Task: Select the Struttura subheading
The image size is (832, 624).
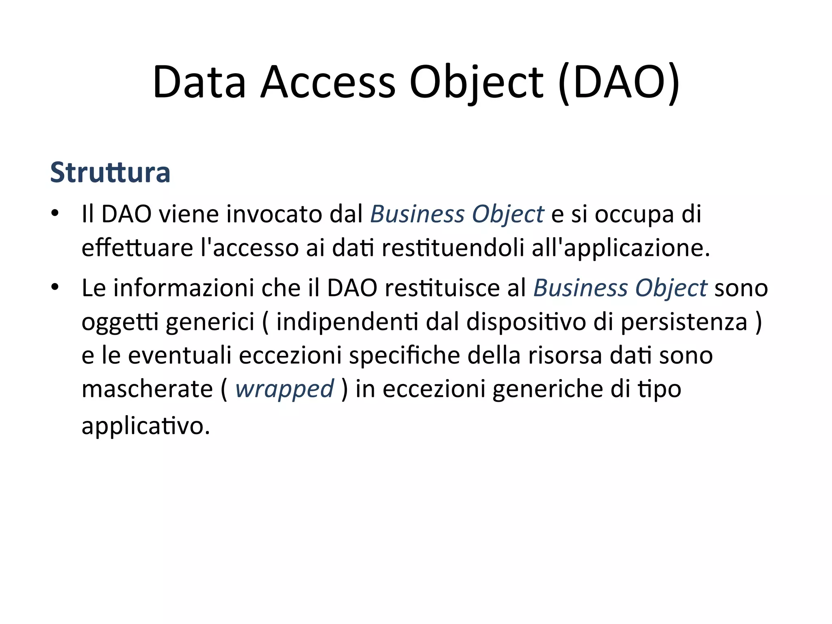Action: pyautogui.click(x=110, y=173)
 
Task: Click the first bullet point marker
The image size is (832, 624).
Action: pyautogui.click(x=55, y=213)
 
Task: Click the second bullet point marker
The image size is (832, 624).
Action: pyautogui.click(x=55, y=287)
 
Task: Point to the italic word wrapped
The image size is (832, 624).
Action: pyautogui.click(x=284, y=389)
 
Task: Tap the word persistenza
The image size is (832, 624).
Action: pyautogui.click(x=684, y=322)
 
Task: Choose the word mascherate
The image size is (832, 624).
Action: pyautogui.click(x=147, y=389)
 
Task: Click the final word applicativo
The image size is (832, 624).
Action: pyautogui.click(x=145, y=426)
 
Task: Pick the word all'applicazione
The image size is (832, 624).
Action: pyautogui.click(x=621, y=247)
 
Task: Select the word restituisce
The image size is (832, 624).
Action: pyautogui.click(x=442, y=288)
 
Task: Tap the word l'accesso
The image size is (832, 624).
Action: pyautogui.click(x=250, y=247)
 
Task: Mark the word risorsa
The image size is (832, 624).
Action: pyautogui.click(x=565, y=355)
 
